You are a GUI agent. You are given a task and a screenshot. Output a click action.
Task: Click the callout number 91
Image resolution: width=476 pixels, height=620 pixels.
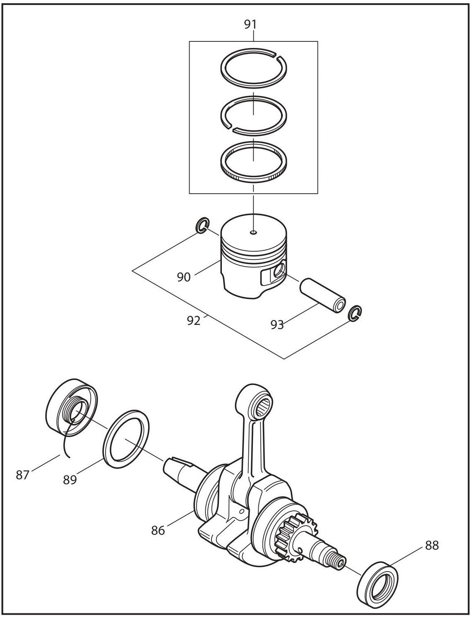250,24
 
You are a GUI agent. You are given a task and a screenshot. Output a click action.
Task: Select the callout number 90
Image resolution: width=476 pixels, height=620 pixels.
184,277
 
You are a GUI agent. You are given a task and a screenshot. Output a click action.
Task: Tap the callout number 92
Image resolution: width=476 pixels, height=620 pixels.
194,320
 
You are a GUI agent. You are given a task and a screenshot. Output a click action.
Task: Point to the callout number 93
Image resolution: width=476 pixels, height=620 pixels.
277,325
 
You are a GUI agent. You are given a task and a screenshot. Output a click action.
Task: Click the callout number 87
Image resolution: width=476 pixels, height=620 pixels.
23,475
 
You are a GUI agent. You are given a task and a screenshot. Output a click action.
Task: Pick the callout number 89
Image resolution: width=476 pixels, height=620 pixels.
70,480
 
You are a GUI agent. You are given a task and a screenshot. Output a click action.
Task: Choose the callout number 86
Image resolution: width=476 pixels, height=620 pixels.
158,530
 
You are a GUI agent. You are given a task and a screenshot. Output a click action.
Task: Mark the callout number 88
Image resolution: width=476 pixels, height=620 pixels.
432,546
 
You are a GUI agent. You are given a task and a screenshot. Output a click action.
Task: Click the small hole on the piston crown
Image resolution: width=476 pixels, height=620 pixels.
253,233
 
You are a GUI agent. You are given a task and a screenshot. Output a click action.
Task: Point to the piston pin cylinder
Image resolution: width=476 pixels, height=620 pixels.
322,295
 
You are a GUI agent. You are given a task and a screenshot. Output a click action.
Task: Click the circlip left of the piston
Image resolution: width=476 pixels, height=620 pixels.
202,227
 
